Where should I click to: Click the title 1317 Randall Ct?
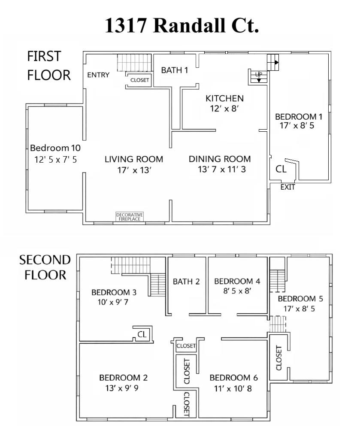[182, 25]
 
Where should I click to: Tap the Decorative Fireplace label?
[130, 217]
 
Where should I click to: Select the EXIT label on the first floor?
[287, 187]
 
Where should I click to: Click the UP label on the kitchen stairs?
[258, 74]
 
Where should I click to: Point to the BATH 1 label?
[175, 70]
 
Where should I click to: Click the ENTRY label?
[98, 75]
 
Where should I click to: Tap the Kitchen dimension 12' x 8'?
[224, 109]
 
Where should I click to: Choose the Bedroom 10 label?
[55, 148]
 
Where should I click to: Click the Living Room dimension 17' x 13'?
[134, 170]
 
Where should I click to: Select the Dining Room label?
[220, 159]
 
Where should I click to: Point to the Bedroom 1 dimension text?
[297, 125]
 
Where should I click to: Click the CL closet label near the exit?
[281, 169]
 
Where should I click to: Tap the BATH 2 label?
[186, 282]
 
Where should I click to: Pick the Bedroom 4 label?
[237, 281]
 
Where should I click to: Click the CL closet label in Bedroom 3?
[142, 334]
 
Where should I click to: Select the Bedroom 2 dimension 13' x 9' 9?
[122, 388]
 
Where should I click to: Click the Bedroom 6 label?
[234, 378]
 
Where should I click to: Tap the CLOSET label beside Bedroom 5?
[278, 358]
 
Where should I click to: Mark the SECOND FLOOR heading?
[45, 267]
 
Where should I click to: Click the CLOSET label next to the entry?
[139, 80]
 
